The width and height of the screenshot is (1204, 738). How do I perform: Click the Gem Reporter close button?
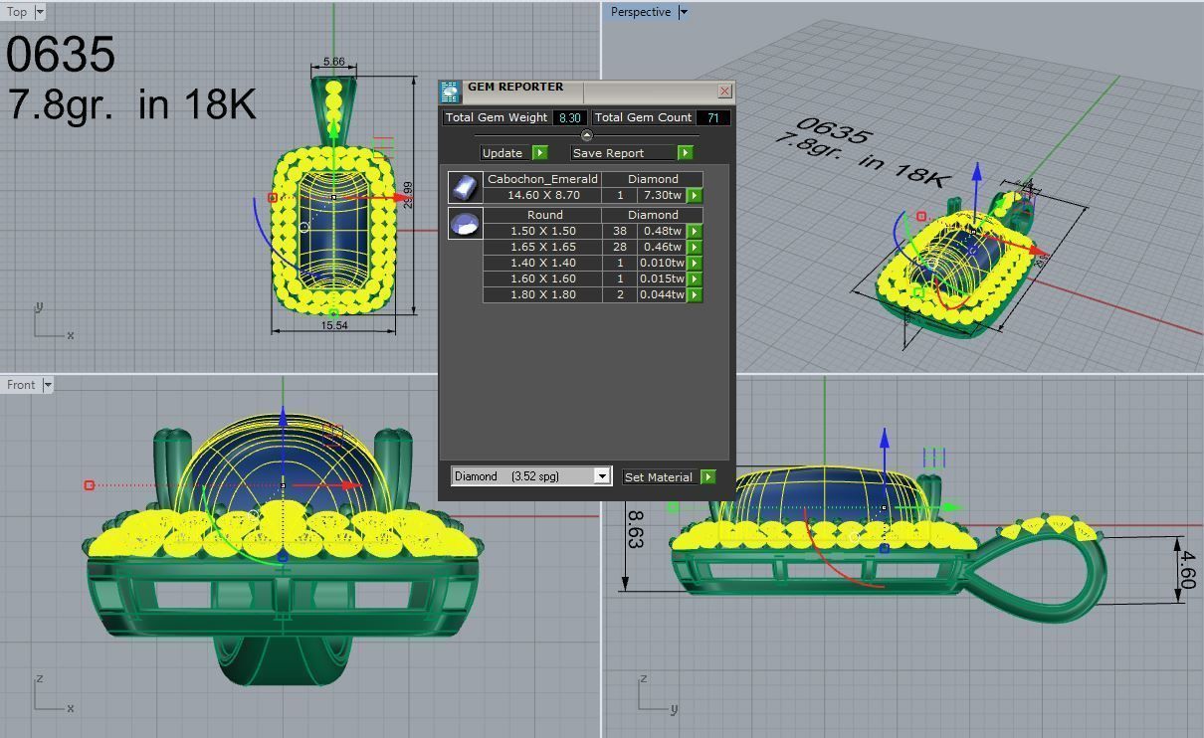pyautogui.click(x=724, y=92)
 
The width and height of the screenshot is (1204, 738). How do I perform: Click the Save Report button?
pyautogui.click(x=623, y=153)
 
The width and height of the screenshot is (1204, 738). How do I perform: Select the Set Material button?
pyautogui.click(x=658, y=477)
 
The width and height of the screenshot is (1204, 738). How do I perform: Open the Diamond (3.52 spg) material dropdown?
pyautogui.click(x=601, y=476)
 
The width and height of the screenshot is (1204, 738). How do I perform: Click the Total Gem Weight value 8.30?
pyautogui.click(x=569, y=117)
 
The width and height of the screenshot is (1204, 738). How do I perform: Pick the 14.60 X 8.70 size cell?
pyautogui.click(x=543, y=196)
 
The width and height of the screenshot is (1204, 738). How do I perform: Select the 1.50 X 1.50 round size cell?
pyautogui.click(x=543, y=231)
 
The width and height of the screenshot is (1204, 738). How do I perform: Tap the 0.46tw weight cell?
pyautogui.click(x=661, y=247)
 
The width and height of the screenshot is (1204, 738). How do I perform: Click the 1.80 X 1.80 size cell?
pyautogui.click(x=543, y=294)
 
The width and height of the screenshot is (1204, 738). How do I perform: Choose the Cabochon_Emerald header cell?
pyautogui.click(x=543, y=179)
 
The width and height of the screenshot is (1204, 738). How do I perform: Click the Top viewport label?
pyautogui.click(x=17, y=12)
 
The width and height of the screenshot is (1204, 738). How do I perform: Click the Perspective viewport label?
pyautogui.click(x=640, y=12)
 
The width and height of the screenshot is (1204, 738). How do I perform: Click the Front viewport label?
pyautogui.click(x=21, y=385)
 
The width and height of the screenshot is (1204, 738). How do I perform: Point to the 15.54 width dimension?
pyautogui.click(x=334, y=325)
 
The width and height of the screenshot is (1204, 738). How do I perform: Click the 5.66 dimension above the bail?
pyautogui.click(x=333, y=62)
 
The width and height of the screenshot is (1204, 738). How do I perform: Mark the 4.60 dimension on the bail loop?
pyautogui.click(x=1185, y=570)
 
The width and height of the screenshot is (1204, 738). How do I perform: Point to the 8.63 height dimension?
pyautogui.click(x=635, y=529)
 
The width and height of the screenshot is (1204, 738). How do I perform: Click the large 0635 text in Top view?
pyautogui.click(x=61, y=55)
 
